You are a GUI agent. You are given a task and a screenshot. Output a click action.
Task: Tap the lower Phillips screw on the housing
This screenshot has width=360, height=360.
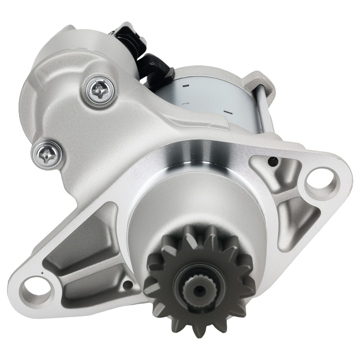[47, 154]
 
